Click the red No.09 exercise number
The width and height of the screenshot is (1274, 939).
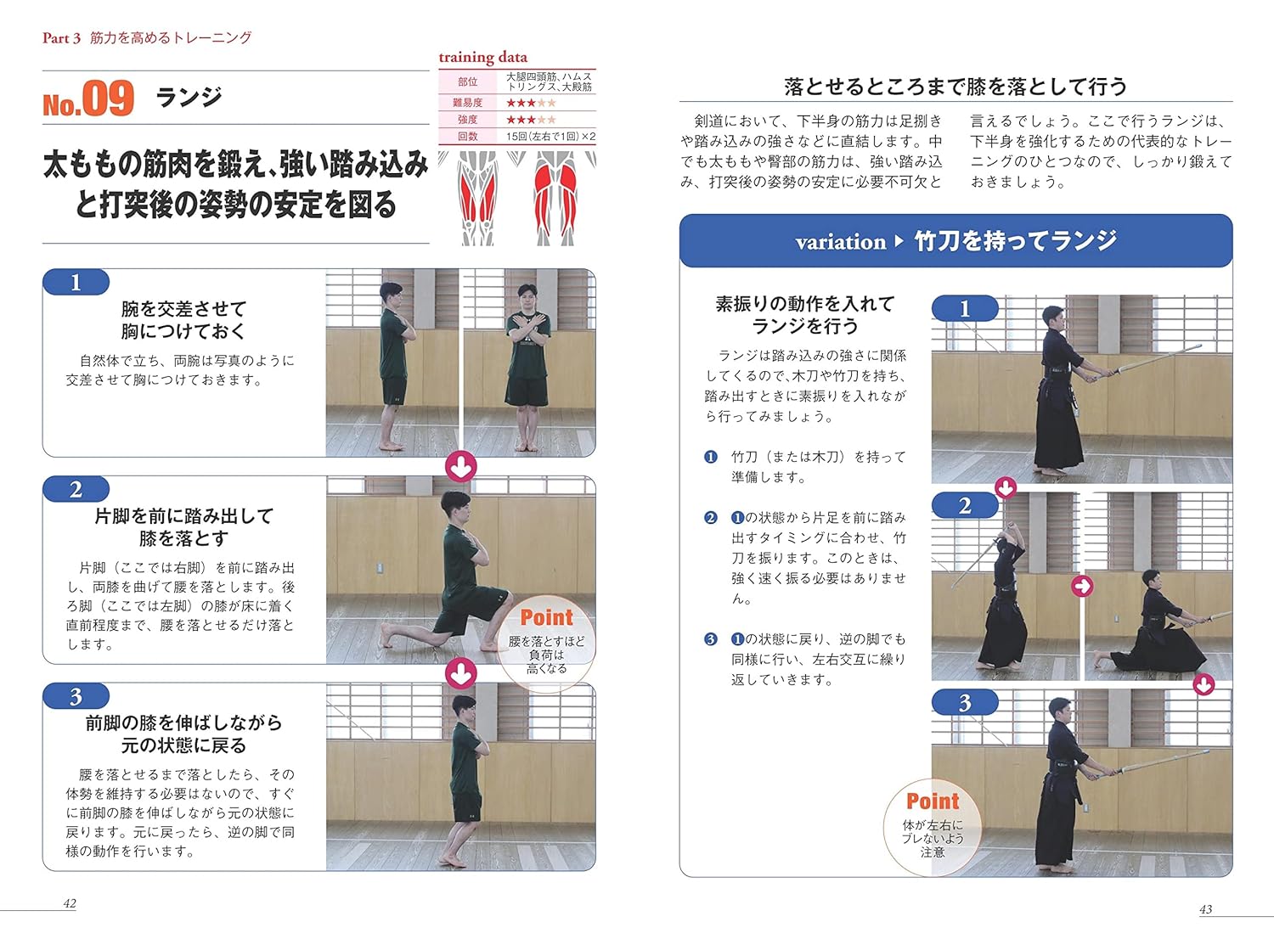[x=88, y=99]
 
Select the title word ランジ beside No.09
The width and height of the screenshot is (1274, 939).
[x=189, y=97]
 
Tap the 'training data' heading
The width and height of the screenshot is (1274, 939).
[x=482, y=57]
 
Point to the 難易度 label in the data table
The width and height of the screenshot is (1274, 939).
[x=467, y=103]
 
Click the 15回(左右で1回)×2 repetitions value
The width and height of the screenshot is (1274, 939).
[x=550, y=136]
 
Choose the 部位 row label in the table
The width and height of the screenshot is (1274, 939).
[x=467, y=82]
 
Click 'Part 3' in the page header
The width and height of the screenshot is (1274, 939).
[x=61, y=37]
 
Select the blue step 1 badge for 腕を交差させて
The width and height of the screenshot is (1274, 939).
[x=76, y=282]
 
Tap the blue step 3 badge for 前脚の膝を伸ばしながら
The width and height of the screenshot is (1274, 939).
[x=76, y=696]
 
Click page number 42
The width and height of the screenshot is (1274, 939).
[x=70, y=903]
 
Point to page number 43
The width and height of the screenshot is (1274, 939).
[x=1205, y=909]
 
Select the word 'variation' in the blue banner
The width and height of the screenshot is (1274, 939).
[x=840, y=242]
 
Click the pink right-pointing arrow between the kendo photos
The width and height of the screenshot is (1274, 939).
[x=1081, y=586]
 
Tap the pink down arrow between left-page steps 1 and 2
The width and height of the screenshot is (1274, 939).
[x=460, y=466]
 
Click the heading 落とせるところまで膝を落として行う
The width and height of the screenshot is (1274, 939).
[x=956, y=87]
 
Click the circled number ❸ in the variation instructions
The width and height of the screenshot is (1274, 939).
[x=711, y=639]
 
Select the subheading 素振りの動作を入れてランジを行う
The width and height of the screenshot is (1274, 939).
[x=804, y=315]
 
